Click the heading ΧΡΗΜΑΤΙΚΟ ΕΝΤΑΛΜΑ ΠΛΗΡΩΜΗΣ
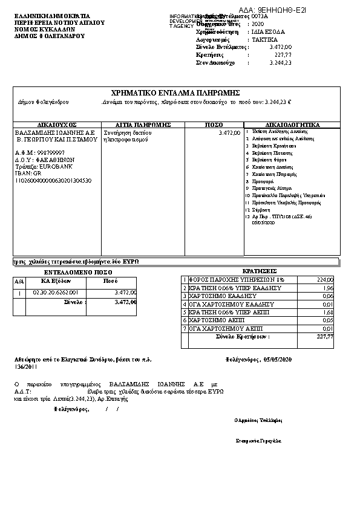pos(176,92)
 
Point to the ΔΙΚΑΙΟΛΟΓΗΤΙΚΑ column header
pos(292,125)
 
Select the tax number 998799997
pos(51,153)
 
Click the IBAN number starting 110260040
pos(53,180)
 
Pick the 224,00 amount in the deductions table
pos(325,280)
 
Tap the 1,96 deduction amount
pos(328,288)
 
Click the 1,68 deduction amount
pos(328,313)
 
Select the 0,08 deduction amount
pos(328,296)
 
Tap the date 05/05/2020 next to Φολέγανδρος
pos(278,359)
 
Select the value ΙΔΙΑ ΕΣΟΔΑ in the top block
pos(269,31)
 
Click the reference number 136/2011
pos(26,366)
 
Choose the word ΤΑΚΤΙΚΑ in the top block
pos(265,38)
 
